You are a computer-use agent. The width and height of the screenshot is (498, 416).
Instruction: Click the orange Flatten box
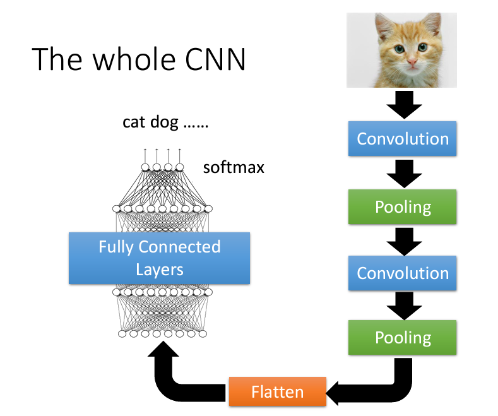coord(277,391)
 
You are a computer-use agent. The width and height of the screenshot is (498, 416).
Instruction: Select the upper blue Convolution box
coord(403,138)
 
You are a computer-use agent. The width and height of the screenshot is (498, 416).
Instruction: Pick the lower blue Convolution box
coord(403,273)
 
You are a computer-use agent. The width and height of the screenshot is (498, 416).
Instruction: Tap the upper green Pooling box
coord(403,206)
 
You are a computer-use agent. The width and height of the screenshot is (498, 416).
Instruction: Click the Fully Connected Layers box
coord(159,258)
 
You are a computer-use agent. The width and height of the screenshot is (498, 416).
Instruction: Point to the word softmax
coord(234,168)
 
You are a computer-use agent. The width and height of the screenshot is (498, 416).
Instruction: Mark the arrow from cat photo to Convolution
coord(403,105)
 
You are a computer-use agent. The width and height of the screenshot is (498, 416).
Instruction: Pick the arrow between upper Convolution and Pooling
coord(403,172)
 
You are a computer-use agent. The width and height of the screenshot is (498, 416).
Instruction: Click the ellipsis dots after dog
coord(195,124)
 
